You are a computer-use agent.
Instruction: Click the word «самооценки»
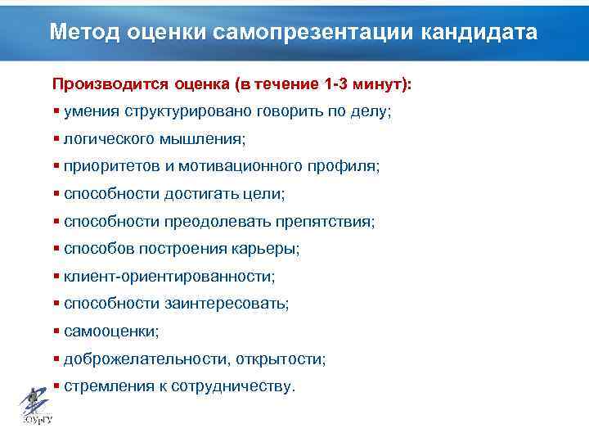110,331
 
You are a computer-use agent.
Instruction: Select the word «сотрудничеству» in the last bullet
232,386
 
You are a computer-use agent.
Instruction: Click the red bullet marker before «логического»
56,139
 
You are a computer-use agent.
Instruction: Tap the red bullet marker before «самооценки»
56,331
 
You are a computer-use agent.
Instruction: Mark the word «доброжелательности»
146,359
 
